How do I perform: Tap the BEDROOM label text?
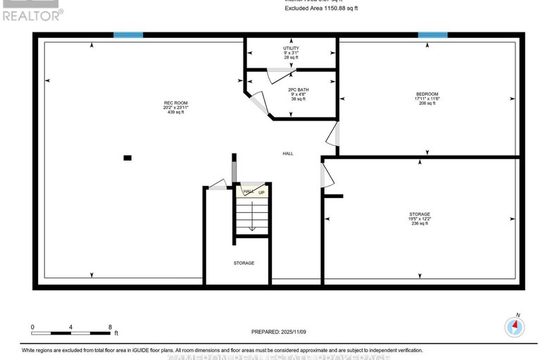click(427, 94)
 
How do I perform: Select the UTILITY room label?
click(291, 49)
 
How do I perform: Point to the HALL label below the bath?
click(288, 154)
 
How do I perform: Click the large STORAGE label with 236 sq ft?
click(420, 214)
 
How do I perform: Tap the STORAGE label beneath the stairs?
click(244, 263)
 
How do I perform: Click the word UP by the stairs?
click(261, 192)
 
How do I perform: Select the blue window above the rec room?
click(128, 35)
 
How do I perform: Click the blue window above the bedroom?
click(432, 35)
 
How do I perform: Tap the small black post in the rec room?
click(127, 158)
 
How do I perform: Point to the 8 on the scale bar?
click(110, 327)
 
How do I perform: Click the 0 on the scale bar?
click(32, 327)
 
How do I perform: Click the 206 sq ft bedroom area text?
click(427, 104)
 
